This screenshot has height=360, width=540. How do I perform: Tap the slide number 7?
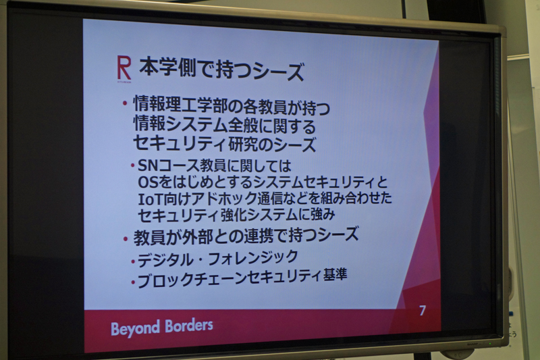point(423,311)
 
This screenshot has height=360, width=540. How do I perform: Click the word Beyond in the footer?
point(136,328)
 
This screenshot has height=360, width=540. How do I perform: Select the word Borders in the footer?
point(189,326)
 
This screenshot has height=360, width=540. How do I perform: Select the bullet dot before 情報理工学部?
point(125,104)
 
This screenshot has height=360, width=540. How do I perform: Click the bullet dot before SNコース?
point(132,166)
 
